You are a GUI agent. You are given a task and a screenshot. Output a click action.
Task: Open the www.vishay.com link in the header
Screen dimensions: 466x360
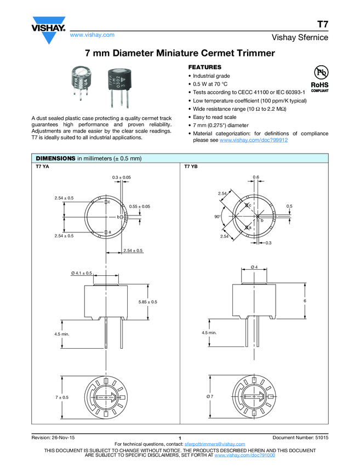click(x=92, y=35)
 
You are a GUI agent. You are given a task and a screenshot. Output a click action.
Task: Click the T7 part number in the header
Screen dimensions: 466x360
click(x=323, y=24)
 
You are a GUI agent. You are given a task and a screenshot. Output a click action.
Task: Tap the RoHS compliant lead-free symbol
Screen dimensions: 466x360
click(x=319, y=78)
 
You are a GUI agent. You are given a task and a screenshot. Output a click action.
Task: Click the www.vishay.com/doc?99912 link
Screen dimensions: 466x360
click(x=253, y=140)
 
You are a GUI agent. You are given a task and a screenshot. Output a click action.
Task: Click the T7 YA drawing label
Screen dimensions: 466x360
click(x=42, y=167)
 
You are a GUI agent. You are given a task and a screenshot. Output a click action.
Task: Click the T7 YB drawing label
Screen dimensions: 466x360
click(x=191, y=167)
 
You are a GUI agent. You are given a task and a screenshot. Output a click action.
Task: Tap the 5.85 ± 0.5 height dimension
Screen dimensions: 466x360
click(x=147, y=302)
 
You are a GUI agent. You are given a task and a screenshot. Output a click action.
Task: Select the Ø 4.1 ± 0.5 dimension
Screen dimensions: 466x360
click(x=81, y=273)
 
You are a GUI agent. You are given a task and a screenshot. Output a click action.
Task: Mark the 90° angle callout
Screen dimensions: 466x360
click(x=217, y=217)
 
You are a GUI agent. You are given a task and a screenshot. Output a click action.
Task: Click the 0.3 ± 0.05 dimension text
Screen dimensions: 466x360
click(x=121, y=178)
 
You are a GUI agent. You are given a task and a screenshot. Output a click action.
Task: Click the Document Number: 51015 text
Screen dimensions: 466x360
click(x=300, y=437)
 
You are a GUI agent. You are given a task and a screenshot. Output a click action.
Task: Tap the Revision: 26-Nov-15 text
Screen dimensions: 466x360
click(x=54, y=437)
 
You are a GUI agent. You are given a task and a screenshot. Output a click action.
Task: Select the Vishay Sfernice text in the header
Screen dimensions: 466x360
click(x=299, y=38)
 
